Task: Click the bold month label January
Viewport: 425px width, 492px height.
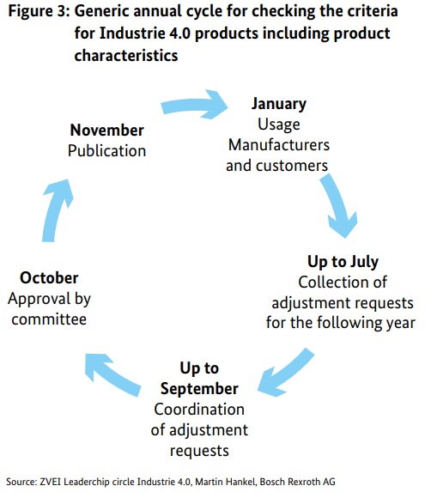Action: click(279, 104)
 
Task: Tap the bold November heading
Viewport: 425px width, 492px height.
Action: click(107, 130)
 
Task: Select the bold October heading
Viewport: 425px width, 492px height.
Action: click(49, 277)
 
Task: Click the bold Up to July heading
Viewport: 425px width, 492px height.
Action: click(343, 262)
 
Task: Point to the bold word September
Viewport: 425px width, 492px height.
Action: click(199, 389)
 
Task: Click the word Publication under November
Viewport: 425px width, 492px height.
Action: click(107, 150)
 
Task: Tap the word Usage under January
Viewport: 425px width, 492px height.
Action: click(279, 125)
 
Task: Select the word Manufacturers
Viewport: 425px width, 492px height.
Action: click(279, 145)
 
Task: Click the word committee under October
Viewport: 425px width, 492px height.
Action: click(49, 319)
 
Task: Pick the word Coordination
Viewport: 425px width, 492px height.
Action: click(199, 410)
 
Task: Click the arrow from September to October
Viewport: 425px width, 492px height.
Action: click(112, 373)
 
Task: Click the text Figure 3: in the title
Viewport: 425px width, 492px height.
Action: click(39, 12)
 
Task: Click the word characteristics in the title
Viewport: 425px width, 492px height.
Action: click(126, 56)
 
